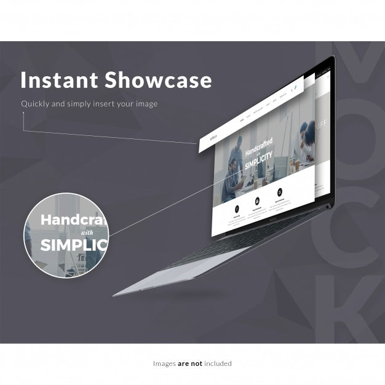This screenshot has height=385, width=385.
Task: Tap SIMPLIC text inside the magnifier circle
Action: pos(73,245)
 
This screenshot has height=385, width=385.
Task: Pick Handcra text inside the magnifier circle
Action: pos(73,219)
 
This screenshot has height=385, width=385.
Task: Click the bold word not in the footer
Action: pos(196,363)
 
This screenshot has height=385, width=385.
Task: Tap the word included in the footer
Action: pos(218,363)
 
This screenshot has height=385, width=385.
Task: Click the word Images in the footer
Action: pos(164,363)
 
